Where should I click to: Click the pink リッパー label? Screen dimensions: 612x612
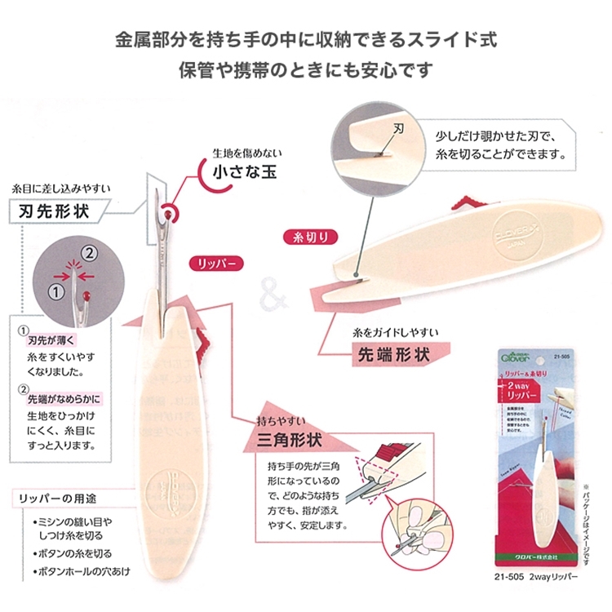[214, 263]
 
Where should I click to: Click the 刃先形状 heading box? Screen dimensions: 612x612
[54, 211]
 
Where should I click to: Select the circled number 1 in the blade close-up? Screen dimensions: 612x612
[57, 288]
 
